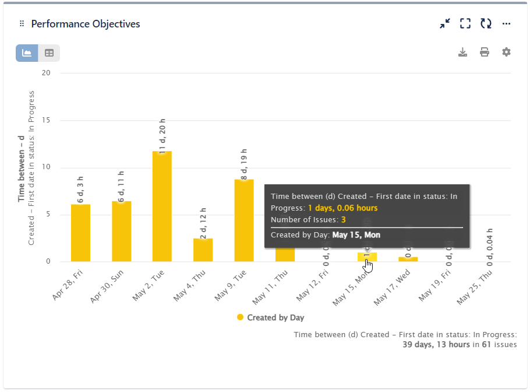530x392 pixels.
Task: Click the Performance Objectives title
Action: coord(85,24)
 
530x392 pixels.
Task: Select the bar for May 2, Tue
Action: coord(162,207)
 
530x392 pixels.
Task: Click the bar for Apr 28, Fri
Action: coord(80,233)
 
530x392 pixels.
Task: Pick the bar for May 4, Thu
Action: coord(203,250)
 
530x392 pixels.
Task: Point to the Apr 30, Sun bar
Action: coord(121,232)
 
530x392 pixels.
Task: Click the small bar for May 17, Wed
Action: coord(408,259)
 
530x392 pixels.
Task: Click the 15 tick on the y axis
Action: coord(46,120)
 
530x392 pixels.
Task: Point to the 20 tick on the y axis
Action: coord(46,73)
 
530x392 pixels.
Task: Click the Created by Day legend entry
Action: coord(270,318)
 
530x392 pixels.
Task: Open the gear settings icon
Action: coord(506,52)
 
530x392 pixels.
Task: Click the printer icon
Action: coord(485,52)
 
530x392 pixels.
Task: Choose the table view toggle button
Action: coord(49,53)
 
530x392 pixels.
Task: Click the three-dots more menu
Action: coord(506,24)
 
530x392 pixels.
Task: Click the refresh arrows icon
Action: coord(486,24)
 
